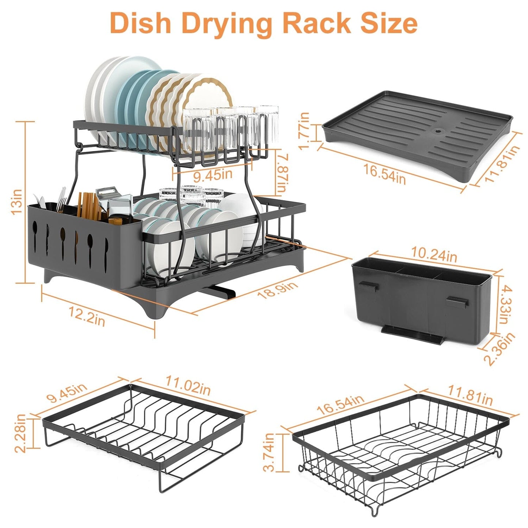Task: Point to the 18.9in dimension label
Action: [278, 289]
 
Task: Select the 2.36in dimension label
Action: [499, 349]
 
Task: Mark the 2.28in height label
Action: [21, 433]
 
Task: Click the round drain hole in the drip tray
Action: [437, 130]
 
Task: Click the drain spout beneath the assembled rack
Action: [221, 292]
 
